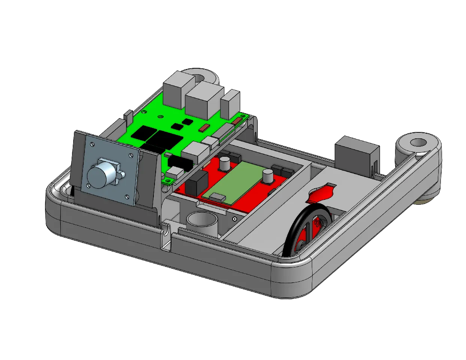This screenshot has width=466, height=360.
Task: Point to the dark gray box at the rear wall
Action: click(x=355, y=154)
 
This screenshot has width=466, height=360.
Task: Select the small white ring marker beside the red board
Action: click(x=235, y=219)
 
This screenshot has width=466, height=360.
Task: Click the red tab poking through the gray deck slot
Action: click(x=321, y=194)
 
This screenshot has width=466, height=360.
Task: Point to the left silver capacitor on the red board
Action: click(x=225, y=163)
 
